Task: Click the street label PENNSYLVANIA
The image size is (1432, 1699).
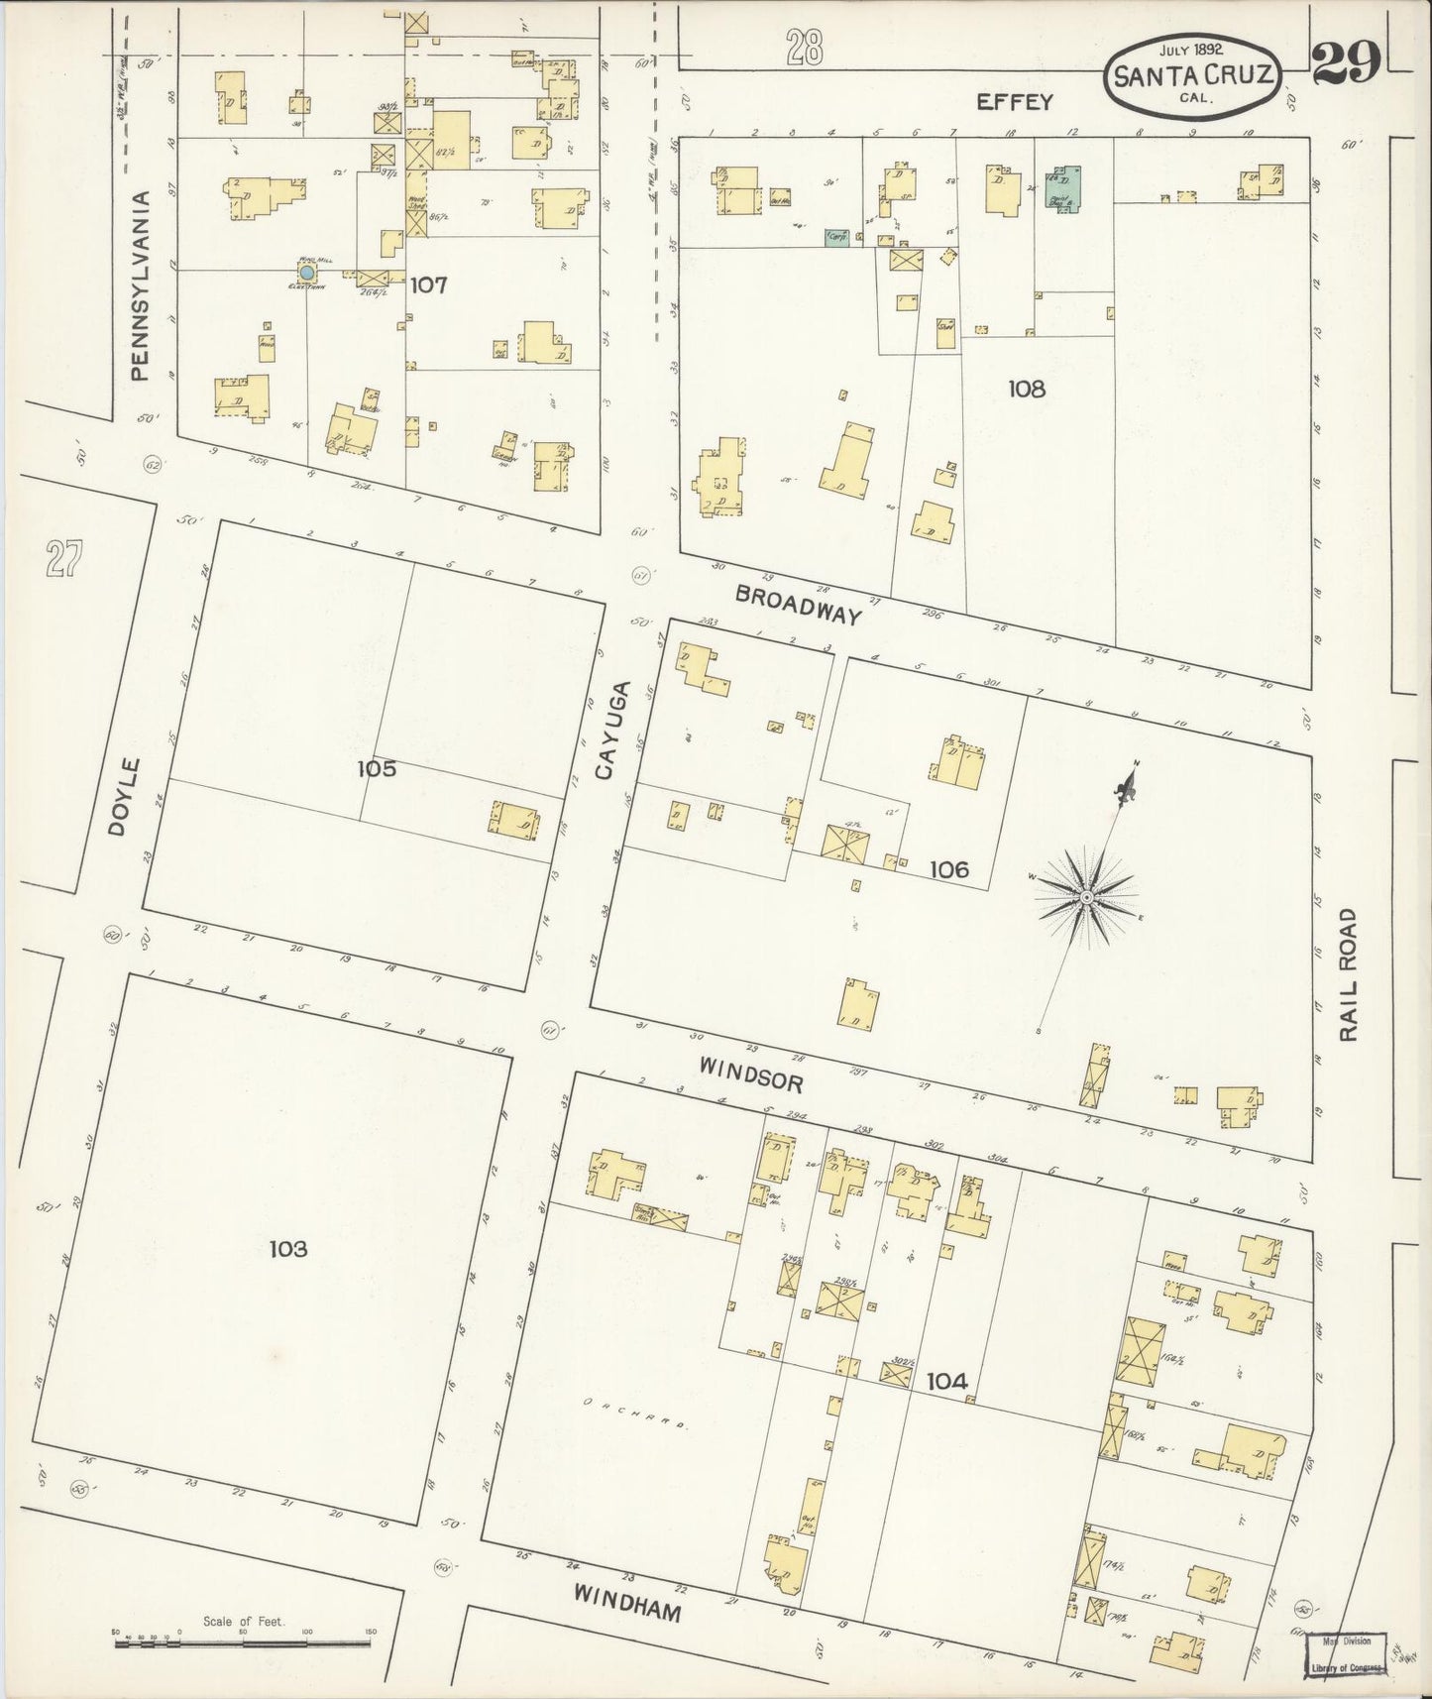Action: point(141,285)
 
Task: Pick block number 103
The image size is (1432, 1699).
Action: point(288,1249)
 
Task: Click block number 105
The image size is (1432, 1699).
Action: point(377,768)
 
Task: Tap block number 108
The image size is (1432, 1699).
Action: point(1027,389)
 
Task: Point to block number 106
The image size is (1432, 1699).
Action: point(948,869)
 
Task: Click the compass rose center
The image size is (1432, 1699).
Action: point(1085,896)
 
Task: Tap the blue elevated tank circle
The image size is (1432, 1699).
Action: point(307,271)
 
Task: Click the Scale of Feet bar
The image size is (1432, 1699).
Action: point(245,1643)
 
